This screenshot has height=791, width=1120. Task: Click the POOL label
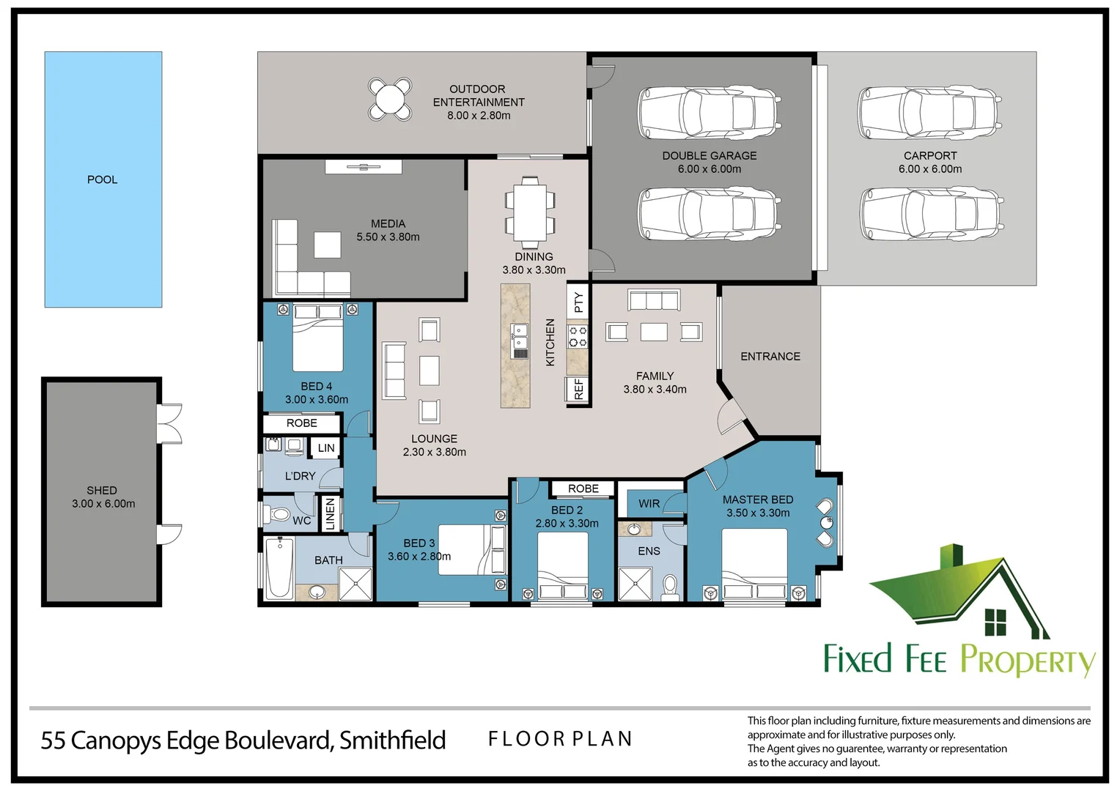[102, 179]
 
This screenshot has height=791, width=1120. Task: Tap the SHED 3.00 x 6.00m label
[103, 497]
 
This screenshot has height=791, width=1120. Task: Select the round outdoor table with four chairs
[390, 99]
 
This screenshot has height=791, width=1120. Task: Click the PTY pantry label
[578, 302]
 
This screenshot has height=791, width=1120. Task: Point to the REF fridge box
[578, 389]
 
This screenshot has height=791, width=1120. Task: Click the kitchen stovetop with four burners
[578, 337]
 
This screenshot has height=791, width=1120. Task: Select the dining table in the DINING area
[530, 212]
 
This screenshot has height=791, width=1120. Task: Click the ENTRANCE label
[770, 357]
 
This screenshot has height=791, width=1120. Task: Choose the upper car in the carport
[929, 113]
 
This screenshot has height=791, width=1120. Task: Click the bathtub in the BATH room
[279, 568]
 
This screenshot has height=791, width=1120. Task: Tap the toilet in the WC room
[279, 514]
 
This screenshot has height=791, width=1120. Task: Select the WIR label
[649, 504]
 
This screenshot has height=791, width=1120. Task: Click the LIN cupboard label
[326, 448]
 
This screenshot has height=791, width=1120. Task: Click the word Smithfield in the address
[392, 740]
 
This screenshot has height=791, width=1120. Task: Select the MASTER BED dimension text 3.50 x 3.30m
[758, 513]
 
